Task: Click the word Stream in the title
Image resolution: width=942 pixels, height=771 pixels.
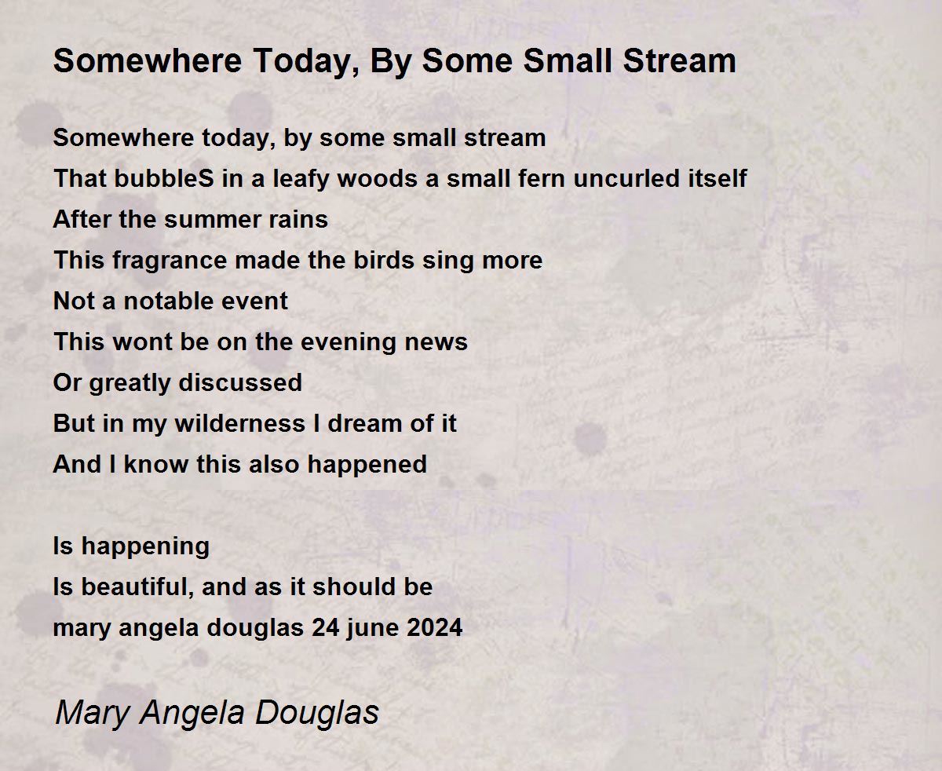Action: tap(679, 60)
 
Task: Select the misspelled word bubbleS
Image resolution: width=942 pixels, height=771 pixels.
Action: tap(164, 177)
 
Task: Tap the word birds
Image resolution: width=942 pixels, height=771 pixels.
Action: tap(384, 260)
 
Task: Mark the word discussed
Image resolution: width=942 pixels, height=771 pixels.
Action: tap(240, 383)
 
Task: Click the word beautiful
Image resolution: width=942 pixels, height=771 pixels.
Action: tap(137, 587)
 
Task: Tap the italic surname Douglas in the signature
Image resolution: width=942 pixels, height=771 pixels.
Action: tap(316, 713)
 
